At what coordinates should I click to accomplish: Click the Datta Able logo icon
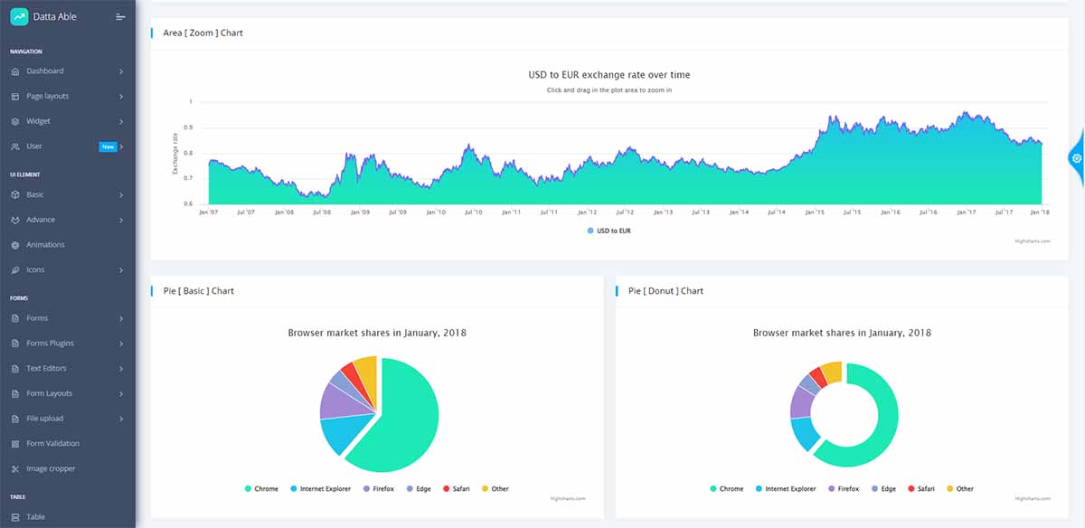click(19, 16)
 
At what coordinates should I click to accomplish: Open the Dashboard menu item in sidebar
click(44, 71)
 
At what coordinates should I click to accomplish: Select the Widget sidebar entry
click(38, 121)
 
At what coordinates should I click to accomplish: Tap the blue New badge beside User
click(108, 146)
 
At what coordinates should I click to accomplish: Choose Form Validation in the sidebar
click(52, 443)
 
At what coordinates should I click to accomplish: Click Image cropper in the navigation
click(51, 468)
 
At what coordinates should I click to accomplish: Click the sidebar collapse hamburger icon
click(120, 17)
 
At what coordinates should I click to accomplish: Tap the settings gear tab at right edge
click(1076, 158)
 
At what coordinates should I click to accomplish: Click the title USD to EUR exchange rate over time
click(609, 75)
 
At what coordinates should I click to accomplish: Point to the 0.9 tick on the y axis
click(187, 127)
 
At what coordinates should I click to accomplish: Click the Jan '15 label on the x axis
click(815, 212)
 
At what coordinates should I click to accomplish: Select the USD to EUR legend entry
click(609, 231)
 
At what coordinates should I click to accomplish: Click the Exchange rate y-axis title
click(175, 153)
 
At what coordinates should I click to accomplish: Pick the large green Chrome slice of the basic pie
click(402, 420)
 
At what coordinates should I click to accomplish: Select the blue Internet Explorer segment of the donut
click(805, 433)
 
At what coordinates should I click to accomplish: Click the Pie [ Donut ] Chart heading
click(665, 291)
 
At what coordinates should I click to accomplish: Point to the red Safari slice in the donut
click(817, 375)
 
